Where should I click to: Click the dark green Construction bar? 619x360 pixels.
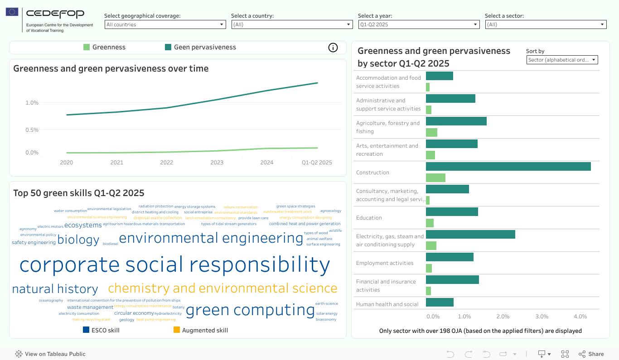(x=508, y=167)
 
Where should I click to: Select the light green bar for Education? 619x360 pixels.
(x=430, y=223)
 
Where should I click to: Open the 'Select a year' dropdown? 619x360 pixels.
(x=418, y=24)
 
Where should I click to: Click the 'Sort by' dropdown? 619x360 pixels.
(x=562, y=60)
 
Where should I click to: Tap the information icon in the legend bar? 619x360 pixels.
(x=333, y=48)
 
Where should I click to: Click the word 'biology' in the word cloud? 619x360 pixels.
(x=78, y=240)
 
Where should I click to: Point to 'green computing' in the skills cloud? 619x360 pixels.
(x=250, y=310)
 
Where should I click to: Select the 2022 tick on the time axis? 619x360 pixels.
(x=167, y=163)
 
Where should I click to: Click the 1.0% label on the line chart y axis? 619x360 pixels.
(x=32, y=103)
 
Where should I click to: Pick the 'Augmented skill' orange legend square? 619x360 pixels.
(x=177, y=330)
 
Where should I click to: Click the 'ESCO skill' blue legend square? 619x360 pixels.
(x=86, y=330)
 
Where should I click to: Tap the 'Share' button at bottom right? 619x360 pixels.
(x=591, y=354)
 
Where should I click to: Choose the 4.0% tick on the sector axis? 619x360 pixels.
(x=580, y=317)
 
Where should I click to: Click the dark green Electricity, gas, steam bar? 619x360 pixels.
(x=470, y=234)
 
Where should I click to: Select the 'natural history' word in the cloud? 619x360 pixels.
(x=55, y=289)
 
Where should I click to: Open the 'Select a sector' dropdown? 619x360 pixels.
(x=546, y=24)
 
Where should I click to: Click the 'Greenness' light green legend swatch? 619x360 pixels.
(x=87, y=47)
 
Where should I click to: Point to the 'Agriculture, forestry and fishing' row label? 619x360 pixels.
(x=388, y=127)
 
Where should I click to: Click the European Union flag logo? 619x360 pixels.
(x=12, y=12)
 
